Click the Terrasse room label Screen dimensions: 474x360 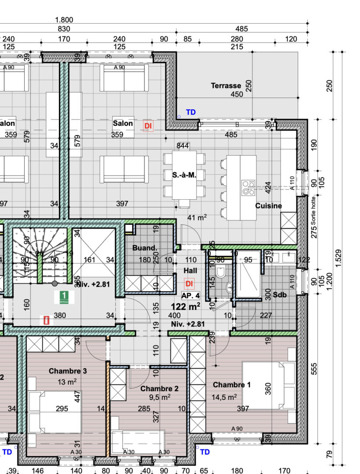(226, 86)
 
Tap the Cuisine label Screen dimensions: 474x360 (269, 206)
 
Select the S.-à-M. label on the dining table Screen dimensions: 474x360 (184, 175)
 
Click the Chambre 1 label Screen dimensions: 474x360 (232, 385)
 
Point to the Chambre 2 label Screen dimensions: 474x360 (159, 388)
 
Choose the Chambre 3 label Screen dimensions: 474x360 (68, 371)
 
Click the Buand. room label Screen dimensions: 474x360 (145, 248)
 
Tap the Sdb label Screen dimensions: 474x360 (280, 295)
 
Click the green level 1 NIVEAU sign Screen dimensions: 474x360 (64, 297)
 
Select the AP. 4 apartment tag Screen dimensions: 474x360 (191, 295)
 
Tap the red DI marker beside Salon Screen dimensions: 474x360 (148, 126)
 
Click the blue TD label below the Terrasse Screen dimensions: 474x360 (191, 112)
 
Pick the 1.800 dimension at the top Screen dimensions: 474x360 (64, 20)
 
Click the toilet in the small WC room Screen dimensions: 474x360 (221, 273)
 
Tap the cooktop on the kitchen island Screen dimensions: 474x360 (248, 188)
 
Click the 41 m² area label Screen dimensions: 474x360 (197, 217)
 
